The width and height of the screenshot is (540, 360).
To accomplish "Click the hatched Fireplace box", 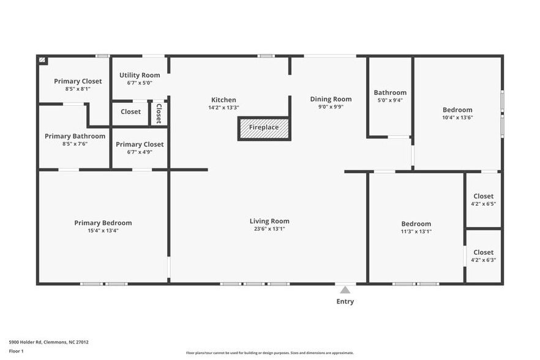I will point(263,128).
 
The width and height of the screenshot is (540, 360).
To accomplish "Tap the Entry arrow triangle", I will point(345,290).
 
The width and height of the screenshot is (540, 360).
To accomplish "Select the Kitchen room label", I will point(223,100).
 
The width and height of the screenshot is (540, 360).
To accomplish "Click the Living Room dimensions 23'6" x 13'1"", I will point(269,229).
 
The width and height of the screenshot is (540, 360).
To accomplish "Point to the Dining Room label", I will point(331,99).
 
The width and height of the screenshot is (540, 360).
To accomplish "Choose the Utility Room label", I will point(140,75).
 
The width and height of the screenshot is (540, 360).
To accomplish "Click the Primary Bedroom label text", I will point(103,223).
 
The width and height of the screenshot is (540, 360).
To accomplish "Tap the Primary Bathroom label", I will point(75,136).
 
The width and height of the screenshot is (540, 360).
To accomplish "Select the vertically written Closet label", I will point(159,113).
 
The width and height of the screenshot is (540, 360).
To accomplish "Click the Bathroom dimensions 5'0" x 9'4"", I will point(390,100).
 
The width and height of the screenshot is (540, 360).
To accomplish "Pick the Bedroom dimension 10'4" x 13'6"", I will point(457,118).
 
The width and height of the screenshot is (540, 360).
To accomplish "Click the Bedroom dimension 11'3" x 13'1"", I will point(416,231).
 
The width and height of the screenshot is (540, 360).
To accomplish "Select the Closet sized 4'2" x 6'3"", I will point(483,256).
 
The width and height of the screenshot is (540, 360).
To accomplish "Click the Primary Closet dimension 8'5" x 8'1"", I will point(78,89).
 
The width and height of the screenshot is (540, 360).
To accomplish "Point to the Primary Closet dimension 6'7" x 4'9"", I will point(140,152).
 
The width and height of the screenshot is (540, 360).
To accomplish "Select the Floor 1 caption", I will point(16,351).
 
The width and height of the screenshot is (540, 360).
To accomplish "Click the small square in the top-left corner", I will point(42,60).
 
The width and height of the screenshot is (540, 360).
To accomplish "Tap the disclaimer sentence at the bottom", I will point(269,353).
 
